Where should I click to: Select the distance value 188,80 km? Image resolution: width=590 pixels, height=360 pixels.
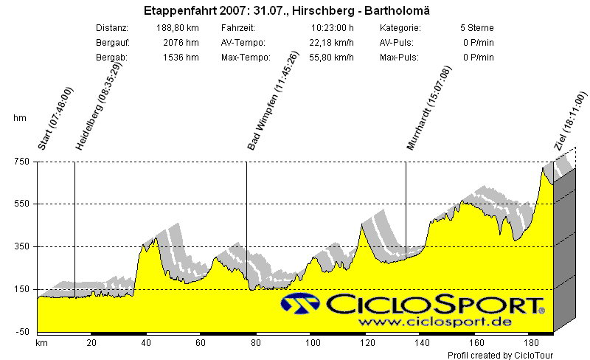click(x=178, y=28)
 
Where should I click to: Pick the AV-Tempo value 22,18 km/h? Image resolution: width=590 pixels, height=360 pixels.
click(x=333, y=43)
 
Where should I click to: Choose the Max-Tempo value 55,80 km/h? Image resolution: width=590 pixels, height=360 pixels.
click(x=333, y=58)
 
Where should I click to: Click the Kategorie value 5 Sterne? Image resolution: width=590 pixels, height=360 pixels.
click(x=476, y=28)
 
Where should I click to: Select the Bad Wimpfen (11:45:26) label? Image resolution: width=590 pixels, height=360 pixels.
click(x=263, y=102)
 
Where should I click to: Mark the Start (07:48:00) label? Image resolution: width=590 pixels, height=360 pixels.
click(x=55, y=118)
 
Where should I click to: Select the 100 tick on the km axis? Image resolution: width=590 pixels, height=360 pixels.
click(x=312, y=343)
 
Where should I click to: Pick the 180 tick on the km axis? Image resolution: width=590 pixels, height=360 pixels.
click(x=530, y=343)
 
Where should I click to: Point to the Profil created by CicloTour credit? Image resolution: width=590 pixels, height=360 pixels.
click(x=500, y=355)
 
